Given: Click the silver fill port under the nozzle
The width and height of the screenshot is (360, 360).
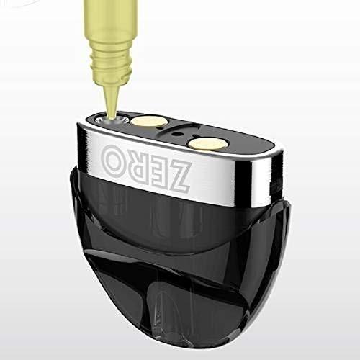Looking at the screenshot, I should pyautogui.click(x=114, y=121).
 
